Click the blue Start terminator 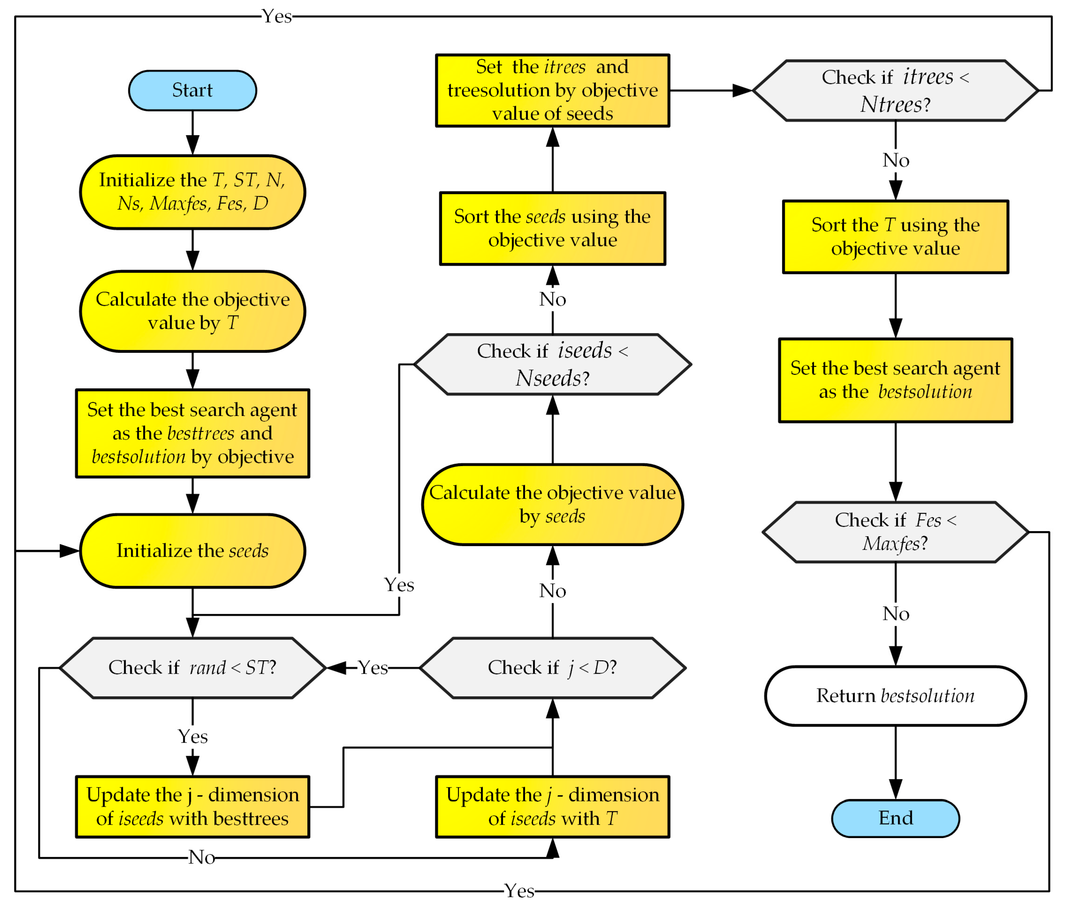[x=192, y=90]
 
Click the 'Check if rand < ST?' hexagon [x=192, y=667]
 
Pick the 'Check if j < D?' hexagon [x=552, y=667]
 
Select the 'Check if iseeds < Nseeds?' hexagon [x=552, y=364]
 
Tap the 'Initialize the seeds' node [x=192, y=551]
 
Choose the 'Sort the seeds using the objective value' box [x=552, y=228]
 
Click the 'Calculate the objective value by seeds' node [x=552, y=504]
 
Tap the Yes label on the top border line [x=277, y=16]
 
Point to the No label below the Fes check [x=896, y=613]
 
